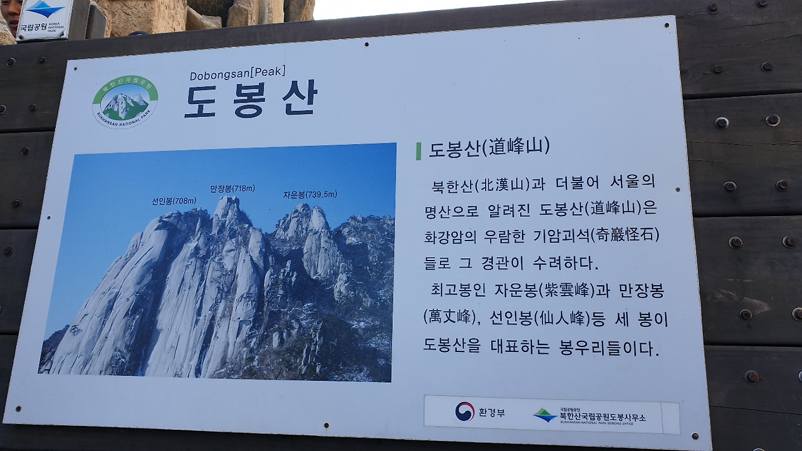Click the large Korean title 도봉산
(251, 99)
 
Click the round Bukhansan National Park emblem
(125, 101)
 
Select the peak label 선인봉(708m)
(174, 201)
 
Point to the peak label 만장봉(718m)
(232, 188)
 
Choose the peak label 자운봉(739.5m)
(310, 195)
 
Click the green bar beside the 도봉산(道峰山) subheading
(419, 151)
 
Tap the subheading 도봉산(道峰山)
(489, 148)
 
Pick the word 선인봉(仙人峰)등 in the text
(536, 319)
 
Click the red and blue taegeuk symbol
(464, 411)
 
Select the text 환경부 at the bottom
(492, 412)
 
